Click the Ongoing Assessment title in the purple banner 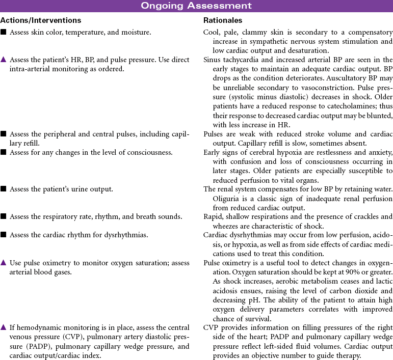coord(196,6)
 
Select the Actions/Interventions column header coord(41,20)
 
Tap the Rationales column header coord(223,20)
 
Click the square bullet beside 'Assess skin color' coord(4,32)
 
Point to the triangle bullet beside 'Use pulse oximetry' coord(4,263)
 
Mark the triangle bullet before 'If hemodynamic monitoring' coord(4,327)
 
